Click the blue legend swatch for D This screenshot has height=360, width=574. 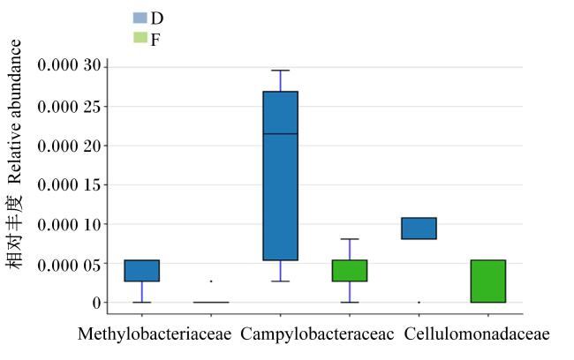pos(140,18)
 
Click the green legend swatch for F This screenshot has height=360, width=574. pos(140,38)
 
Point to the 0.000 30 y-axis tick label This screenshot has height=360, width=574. pos(69,66)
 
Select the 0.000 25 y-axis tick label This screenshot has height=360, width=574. pos(69,107)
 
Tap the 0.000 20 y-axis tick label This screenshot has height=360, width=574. pos(69,146)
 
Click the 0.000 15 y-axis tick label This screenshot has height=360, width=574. pos(69,185)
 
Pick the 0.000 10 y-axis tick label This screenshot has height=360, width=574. pos(69,224)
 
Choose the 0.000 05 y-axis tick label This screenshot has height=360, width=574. pos(69,266)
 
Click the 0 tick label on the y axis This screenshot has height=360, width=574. pos(96,303)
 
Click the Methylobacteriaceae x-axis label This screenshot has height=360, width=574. pos(155,334)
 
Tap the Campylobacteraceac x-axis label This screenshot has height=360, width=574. pos(317,334)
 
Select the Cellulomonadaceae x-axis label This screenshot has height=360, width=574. pos(477,334)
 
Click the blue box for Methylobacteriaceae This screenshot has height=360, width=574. pos(142,271)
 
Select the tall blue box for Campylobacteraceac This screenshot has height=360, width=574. pos(281,176)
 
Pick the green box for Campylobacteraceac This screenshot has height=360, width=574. pos(350,271)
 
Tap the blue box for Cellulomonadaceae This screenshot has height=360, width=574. pos(419,229)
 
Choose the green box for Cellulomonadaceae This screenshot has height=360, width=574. pos(488,281)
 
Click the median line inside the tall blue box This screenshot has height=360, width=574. pos(281,134)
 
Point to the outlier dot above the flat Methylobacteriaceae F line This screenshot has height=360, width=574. pos(211,281)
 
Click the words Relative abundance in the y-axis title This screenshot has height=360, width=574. pos(15,111)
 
